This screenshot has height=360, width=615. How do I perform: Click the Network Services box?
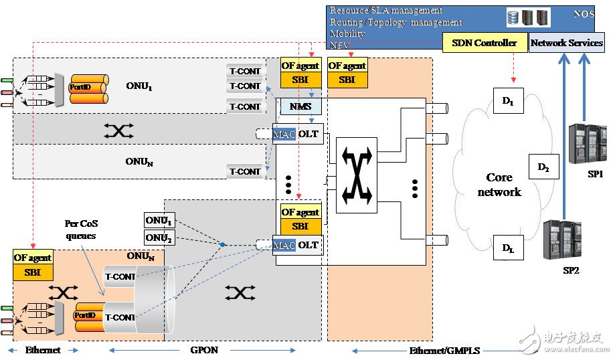click(x=566, y=43)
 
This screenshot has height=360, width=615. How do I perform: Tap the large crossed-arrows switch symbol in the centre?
click(x=355, y=175)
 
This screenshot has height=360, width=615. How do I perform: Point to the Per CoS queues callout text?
click(x=82, y=229)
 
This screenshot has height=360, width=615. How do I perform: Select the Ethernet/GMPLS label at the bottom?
click(x=438, y=350)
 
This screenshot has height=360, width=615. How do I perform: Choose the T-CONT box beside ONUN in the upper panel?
click(x=245, y=171)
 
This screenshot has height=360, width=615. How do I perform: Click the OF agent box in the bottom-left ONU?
click(x=32, y=258)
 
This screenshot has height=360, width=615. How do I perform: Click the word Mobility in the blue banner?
click(x=348, y=33)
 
